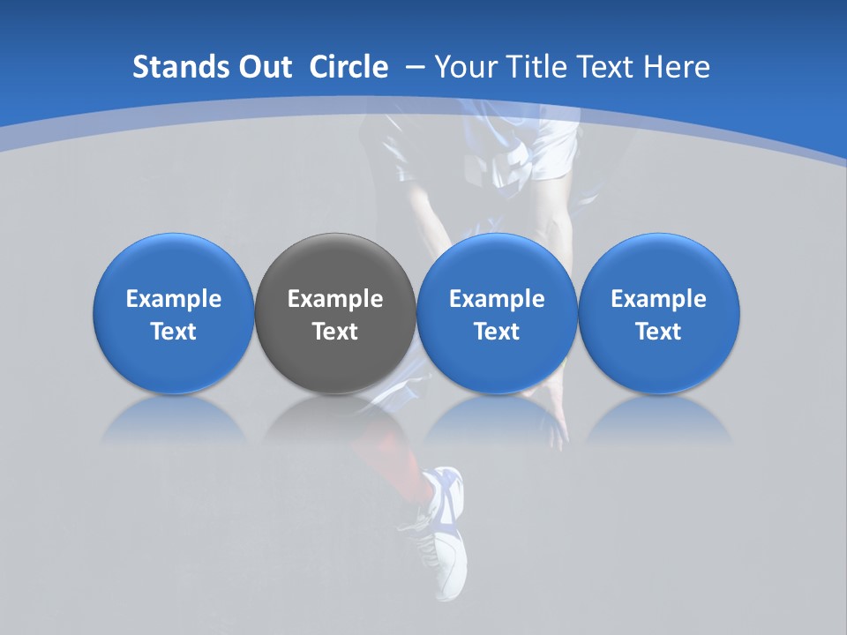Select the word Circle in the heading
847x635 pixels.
[x=349, y=67]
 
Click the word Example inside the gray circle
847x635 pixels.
[x=335, y=300]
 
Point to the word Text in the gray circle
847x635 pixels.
[x=335, y=332]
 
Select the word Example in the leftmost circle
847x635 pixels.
[x=173, y=300]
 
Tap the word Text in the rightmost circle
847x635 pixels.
[x=658, y=332]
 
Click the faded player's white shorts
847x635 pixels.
[x=547, y=146]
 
